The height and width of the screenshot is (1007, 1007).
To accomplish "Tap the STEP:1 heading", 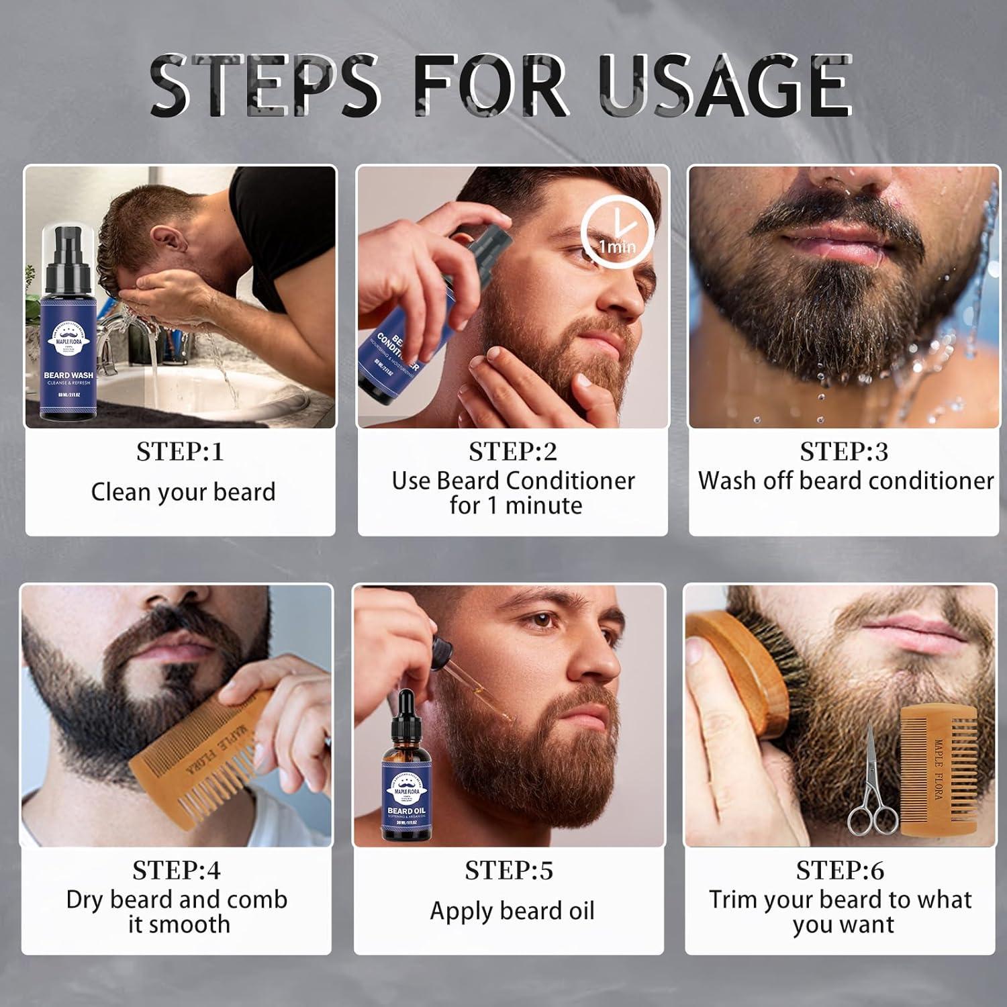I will coord(180,452).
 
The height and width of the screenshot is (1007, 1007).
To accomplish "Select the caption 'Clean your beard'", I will coord(183,492).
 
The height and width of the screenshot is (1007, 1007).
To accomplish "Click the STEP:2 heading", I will coord(513,452).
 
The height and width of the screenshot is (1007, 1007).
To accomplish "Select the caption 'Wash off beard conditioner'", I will coord(845,481).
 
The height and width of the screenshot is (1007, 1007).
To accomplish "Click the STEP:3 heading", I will coord(844,452).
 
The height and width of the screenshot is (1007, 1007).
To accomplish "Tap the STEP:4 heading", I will coord(177,870).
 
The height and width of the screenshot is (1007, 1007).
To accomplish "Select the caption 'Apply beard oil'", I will coord(512,911).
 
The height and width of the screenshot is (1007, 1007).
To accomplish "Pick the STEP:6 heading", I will coord(840,870).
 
